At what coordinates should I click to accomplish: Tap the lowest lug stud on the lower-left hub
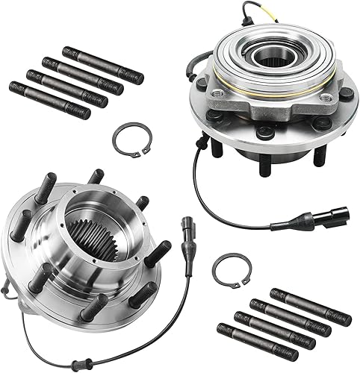[94, 307]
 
